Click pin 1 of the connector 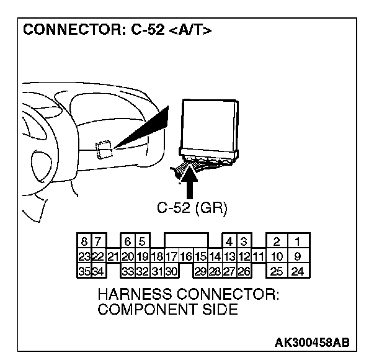point(298,241)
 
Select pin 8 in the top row point(84,241)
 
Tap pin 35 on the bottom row point(84,271)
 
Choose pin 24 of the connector point(298,271)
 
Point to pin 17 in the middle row point(172,256)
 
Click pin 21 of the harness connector point(113,256)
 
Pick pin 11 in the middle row point(258,256)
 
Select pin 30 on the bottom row point(172,271)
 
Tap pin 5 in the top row point(142,241)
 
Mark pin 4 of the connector point(229,241)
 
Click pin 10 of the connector point(277,256)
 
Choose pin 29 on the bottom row point(200,271)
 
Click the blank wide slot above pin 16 point(186,241)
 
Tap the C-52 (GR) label point(192,209)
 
